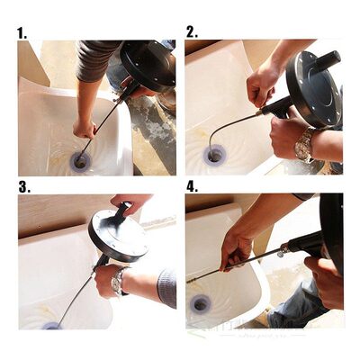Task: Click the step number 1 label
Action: point(22,32)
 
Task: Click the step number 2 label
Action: point(191,31)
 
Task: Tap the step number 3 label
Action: point(23,187)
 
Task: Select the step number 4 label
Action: point(192,187)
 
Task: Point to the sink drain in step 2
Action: point(214,156)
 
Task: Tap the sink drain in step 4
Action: point(200,303)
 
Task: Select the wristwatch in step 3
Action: point(117,283)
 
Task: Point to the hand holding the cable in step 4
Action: point(236,251)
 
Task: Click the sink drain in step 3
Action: point(52,325)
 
